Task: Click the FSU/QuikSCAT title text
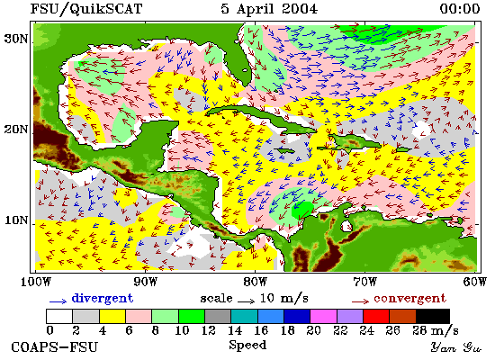point(86,9)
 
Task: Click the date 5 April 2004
point(269,9)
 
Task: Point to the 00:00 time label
point(460,8)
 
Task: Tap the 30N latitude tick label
point(15,39)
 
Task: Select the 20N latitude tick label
point(15,130)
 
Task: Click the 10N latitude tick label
point(15,220)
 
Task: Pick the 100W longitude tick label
point(35,282)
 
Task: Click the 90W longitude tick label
point(145,282)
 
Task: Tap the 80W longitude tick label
point(255,282)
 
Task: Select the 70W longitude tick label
point(364,282)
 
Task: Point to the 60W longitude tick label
point(475,282)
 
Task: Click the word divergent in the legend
point(103,299)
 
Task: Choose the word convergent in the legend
point(409,299)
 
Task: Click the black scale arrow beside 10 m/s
point(247,301)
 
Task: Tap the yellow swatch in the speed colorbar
point(112,316)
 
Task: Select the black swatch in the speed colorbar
point(433,316)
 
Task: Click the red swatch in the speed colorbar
point(376,316)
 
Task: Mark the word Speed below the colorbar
point(247,345)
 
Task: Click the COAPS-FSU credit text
point(54,347)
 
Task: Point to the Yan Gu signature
point(456,347)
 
